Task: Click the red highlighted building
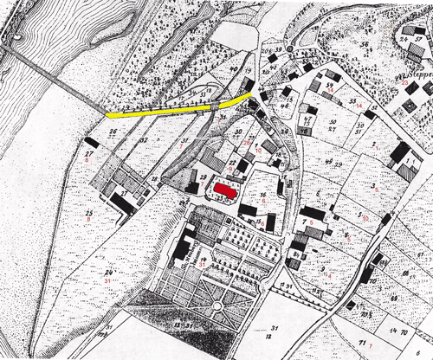click(225, 188)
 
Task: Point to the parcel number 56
click(365, 44)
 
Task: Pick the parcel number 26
click(113, 132)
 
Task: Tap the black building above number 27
click(92, 142)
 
